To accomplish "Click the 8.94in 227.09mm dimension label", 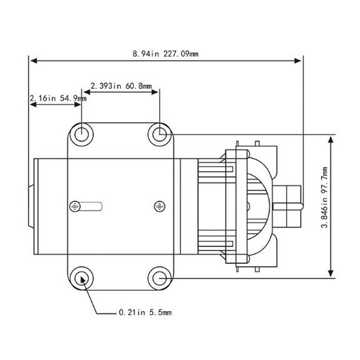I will pyautogui.click(x=165, y=54).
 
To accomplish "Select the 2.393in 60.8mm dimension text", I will pyautogui.click(x=121, y=86).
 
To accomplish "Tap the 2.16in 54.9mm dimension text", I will pyautogui.click(x=58, y=98).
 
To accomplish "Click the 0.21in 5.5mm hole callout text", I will pyautogui.click(x=145, y=313).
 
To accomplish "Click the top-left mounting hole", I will pyautogui.click(x=81, y=134).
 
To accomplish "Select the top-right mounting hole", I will pyautogui.click(x=160, y=134).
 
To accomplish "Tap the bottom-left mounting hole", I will pyautogui.click(x=81, y=278).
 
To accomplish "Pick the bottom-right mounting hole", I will pyautogui.click(x=160, y=278).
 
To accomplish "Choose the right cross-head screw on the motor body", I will pyautogui.click(x=159, y=206).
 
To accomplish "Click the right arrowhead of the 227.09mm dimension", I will pyautogui.click(x=298, y=61).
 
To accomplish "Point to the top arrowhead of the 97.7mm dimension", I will pyautogui.click(x=331, y=139).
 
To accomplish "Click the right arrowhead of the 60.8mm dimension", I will pyautogui.click(x=155, y=92).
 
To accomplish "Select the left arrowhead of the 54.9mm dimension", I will pyautogui.click(x=33, y=104).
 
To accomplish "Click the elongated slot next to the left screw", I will pyautogui.click(x=92, y=206).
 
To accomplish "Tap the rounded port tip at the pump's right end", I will pyautogui.click(x=301, y=206).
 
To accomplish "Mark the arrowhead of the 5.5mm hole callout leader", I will pyautogui.click(x=84, y=281).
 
